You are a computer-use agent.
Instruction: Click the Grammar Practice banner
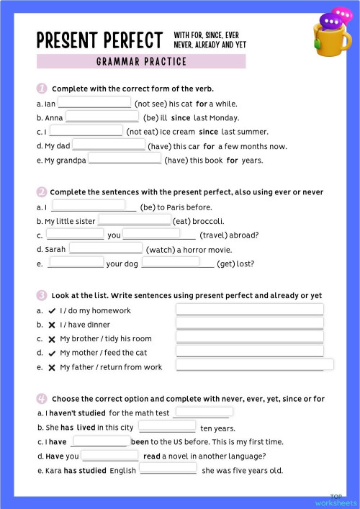click(161, 61)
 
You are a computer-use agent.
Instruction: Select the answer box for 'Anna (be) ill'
click(102, 117)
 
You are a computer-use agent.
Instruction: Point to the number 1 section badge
click(42, 89)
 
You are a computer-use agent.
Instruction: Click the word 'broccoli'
click(209, 221)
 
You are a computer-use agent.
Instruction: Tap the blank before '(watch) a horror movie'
click(106, 248)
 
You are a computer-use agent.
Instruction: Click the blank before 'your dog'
click(76, 263)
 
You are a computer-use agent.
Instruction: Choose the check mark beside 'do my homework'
click(52, 311)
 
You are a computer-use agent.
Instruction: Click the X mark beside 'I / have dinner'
click(52, 325)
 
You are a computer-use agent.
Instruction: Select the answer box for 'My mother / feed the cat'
click(249, 352)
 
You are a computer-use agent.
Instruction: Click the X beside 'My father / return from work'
click(52, 367)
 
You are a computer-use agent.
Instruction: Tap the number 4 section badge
click(42, 398)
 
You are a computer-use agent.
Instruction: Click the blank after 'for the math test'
click(202, 413)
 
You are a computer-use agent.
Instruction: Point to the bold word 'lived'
click(86, 428)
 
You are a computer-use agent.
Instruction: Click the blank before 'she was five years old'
click(168, 470)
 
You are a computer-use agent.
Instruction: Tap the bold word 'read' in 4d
click(152, 456)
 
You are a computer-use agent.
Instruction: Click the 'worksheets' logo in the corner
click(336, 502)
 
